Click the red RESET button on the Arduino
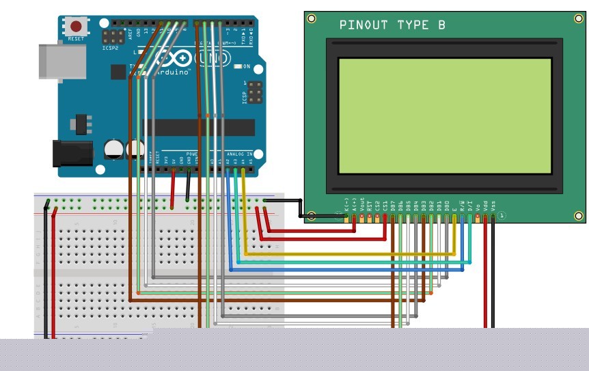click(x=76, y=27)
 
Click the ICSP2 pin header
click(x=112, y=34)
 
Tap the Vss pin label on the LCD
click(x=493, y=204)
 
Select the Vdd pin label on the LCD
click(x=485, y=204)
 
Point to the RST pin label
click(x=370, y=204)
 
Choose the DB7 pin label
click(x=393, y=204)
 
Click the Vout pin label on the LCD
click(x=362, y=204)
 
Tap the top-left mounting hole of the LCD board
click(x=312, y=18)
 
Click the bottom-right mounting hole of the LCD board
click(x=579, y=216)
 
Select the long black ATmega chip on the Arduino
click(x=198, y=127)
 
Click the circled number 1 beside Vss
click(x=502, y=216)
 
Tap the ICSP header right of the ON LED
click(x=255, y=92)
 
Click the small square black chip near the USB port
click(x=79, y=124)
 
